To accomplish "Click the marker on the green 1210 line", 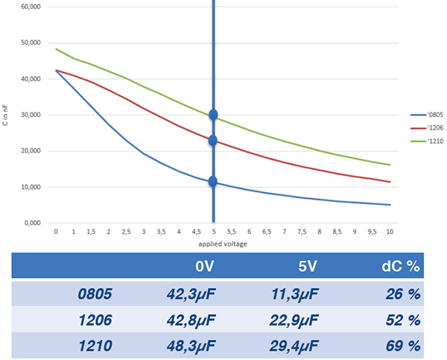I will pos(214,115).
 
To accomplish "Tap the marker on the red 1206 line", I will pos(213,140).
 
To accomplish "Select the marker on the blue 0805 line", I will pos(213,181).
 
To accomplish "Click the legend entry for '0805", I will pos(429,115).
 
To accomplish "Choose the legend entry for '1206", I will pos(429,127).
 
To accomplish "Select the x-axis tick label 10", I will pos(390,232).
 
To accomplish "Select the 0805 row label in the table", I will pos(95,294).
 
